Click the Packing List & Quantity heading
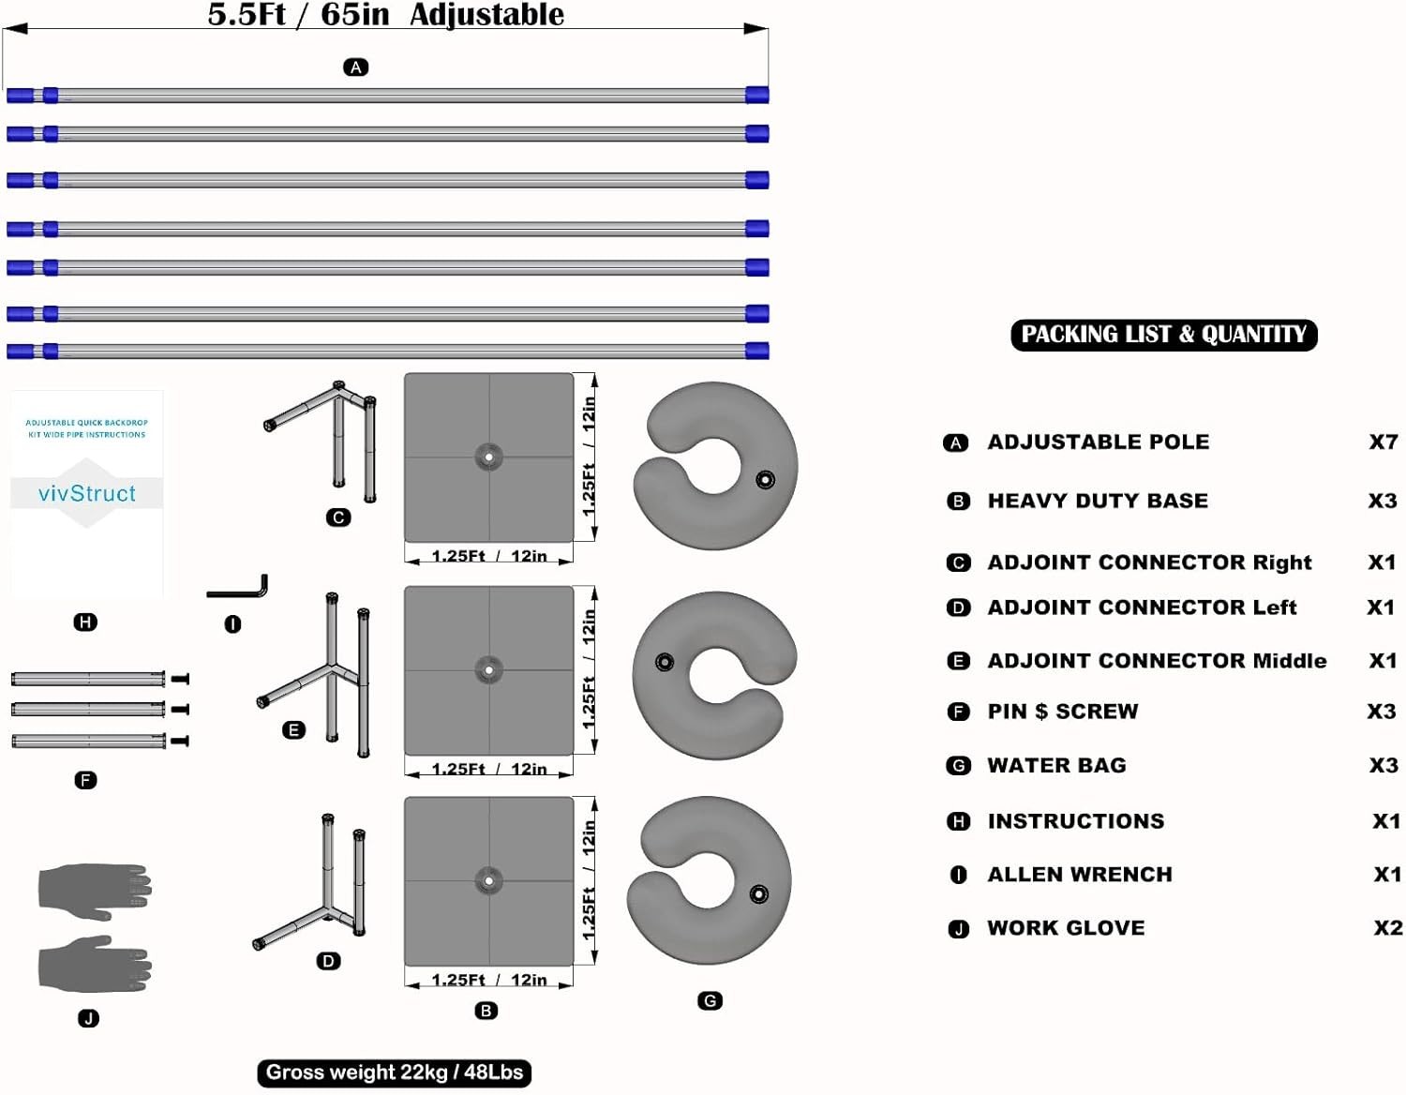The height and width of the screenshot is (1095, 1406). coord(1163,335)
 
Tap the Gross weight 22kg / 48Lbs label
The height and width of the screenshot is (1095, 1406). coord(394,1072)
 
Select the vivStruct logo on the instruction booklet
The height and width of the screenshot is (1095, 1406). coord(86,493)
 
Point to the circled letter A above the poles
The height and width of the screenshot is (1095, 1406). coord(356,67)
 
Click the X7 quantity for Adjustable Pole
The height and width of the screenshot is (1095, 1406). coord(1384,442)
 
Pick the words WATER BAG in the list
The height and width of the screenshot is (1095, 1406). coord(1056,765)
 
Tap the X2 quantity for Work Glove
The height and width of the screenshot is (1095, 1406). coord(1388,927)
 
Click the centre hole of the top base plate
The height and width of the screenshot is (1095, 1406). coord(489,457)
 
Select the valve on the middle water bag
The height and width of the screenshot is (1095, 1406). coord(665,662)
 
